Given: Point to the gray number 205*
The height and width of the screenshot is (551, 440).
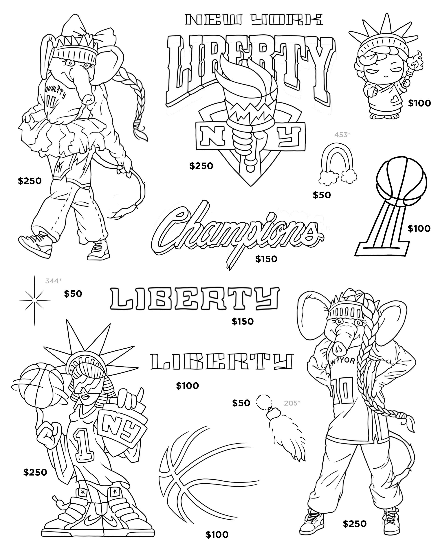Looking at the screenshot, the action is [x=292, y=403].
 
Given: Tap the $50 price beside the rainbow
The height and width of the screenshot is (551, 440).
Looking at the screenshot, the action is [x=322, y=195].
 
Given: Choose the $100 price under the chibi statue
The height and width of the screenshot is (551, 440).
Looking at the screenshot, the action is [x=419, y=103].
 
